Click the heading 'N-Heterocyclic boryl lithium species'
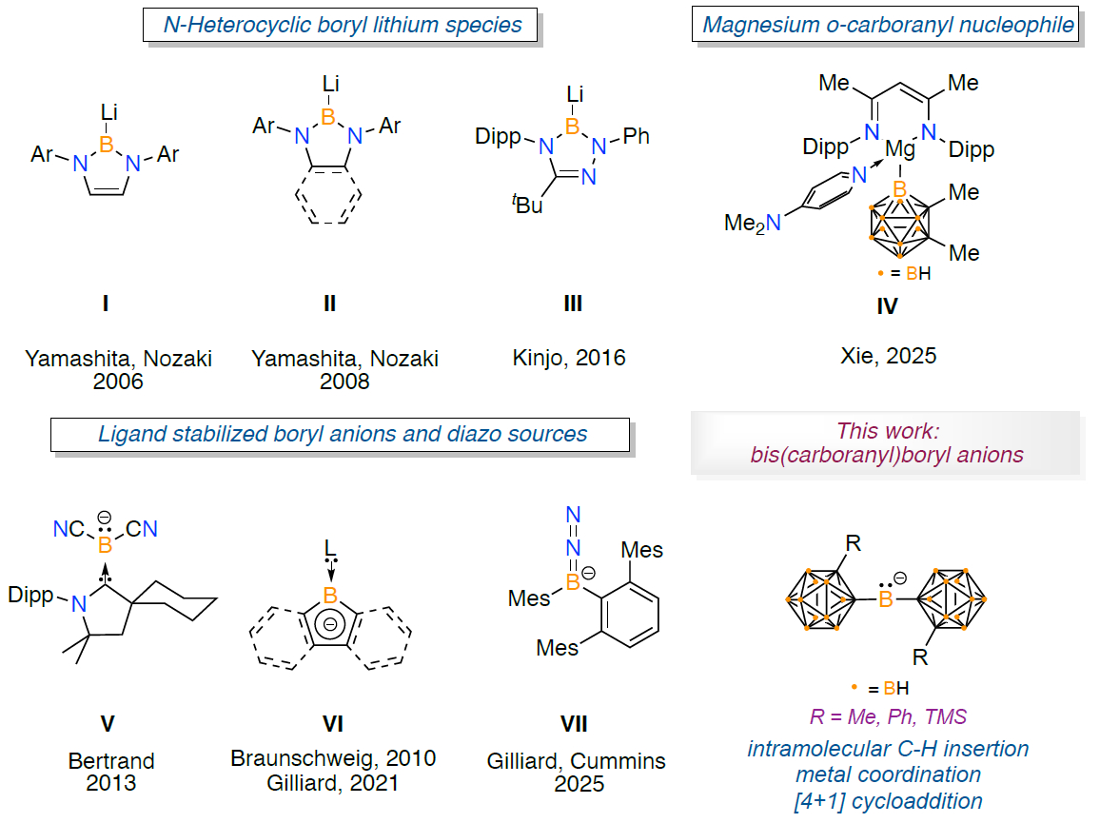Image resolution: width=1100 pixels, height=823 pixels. click(x=342, y=25)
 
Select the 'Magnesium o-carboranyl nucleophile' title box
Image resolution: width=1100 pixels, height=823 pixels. click(x=888, y=25)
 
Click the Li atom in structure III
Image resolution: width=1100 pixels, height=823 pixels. click(x=574, y=93)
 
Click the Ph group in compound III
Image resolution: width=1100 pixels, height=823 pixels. click(x=637, y=136)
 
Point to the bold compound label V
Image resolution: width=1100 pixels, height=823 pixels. click(x=108, y=724)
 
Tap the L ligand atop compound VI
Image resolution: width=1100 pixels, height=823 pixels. click(x=330, y=549)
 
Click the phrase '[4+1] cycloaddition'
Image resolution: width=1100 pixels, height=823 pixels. click(x=888, y=800)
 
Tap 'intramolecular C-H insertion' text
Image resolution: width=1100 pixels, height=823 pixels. click(x=888, y=749)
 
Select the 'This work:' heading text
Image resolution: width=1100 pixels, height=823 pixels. click(x=887, y=430)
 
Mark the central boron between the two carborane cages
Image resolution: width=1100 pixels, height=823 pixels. click(x=885, y=599)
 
